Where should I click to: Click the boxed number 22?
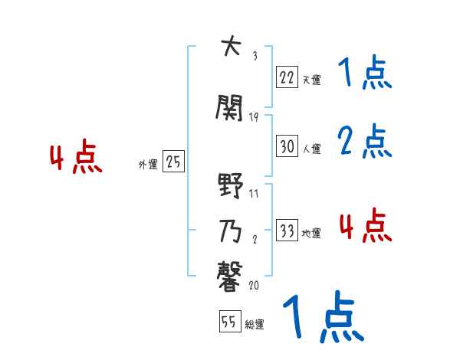(287, 77)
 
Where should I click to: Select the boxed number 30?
(287, 146)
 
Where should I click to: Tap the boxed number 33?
(287, 231)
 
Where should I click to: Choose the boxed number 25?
(173, 162)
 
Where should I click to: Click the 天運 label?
(311, 79)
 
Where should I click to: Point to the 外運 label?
(148, 164)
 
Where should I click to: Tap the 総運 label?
(255, 325)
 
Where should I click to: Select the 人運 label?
(311, 149)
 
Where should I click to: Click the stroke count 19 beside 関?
(255, 116)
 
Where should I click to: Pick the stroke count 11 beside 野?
(255, 193)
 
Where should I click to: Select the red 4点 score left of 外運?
(75, 159)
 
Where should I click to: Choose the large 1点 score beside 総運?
(324, 317)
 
